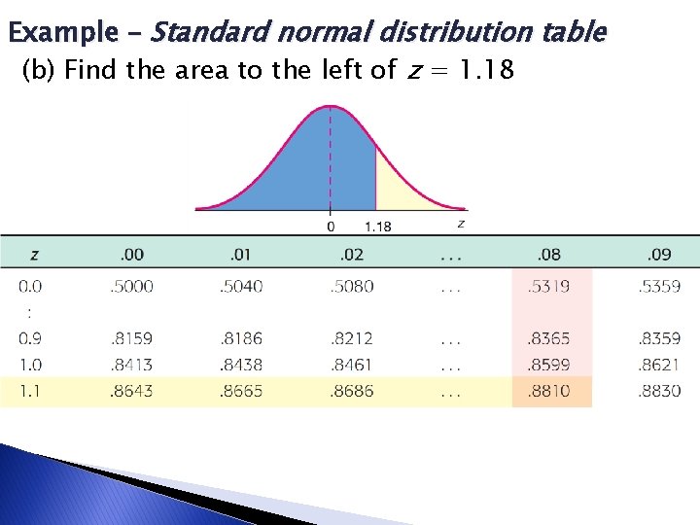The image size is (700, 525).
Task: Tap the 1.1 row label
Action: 30,392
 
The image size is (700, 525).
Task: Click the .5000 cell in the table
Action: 132,287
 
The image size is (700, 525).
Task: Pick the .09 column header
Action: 659,255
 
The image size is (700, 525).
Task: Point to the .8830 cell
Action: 659,392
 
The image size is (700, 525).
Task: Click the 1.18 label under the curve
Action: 378,227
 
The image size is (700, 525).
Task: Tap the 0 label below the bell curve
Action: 331,227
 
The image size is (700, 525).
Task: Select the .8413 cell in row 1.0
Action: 132,366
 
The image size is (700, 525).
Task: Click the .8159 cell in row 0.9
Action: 132,339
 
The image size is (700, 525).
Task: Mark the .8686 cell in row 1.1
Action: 352,392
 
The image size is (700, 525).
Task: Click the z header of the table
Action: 35,255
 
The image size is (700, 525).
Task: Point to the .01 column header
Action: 241,255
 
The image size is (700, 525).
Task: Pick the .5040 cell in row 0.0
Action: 241,287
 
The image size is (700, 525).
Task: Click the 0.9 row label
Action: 30,339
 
